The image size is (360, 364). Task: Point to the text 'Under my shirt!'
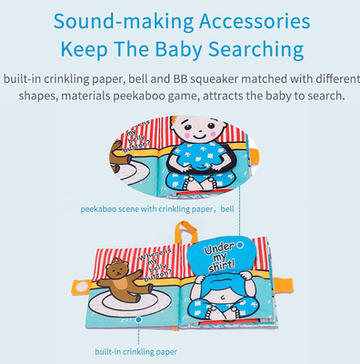click(218, 256)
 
